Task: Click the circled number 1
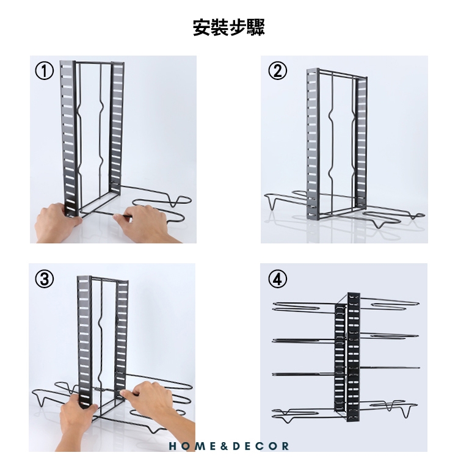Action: click(x=45, y=71)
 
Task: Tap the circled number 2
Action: click(x=277, y=71)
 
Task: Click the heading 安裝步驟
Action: click(x=229, y=27)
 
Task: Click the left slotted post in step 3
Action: click(x=85, y=342)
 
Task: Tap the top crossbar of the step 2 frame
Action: click(x=343, y=73)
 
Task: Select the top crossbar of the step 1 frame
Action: click(x=100, y=62)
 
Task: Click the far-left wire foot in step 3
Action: click(x=40, y=398)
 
